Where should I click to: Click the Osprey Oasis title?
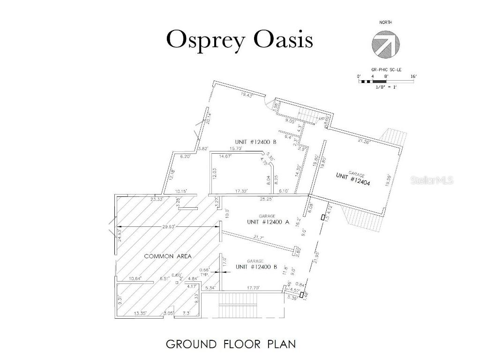[x=240, y=40]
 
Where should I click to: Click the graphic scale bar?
[x=386, y=82]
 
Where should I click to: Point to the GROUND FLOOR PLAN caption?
[x=231, y=344]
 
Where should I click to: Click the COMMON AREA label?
[x=164, y=256]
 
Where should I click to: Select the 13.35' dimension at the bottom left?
[x=140, y=313]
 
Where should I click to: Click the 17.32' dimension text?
[x=242, y=191]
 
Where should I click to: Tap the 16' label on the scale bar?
[x=413, y=76]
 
